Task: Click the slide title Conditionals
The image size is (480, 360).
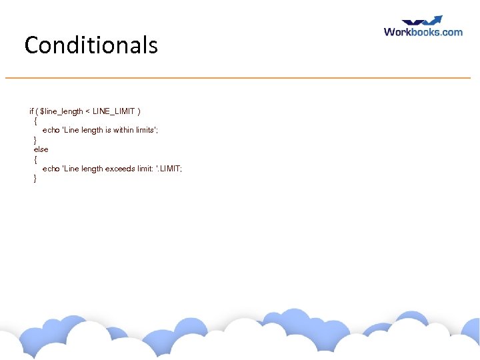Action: tap(91, 45)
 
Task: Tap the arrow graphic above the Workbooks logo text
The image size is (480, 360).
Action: tap(421, 21)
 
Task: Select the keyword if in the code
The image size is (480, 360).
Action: tap(31, 111)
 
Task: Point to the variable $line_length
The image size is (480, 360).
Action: tap(61, 111)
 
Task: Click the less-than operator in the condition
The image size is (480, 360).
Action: tap(88, 111)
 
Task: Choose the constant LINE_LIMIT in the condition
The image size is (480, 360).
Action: tap(114, 111)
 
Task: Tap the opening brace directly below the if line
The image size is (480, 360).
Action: tap(35, 121)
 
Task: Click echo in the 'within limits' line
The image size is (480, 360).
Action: tap(51, 130)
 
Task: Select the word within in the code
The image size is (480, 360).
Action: tap(123, 130)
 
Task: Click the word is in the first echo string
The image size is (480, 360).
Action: tap(108, 130)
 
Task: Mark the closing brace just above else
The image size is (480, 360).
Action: tap(35, 140)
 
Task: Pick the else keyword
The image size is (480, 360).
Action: tap(41, 149)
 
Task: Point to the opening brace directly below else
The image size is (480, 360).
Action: tap(35, 159)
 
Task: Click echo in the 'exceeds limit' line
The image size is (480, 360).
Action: tap(51, 169)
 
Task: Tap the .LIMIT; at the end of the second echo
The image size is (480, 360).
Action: tap(169, 169)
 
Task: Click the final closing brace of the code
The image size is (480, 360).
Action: tap(35, 179)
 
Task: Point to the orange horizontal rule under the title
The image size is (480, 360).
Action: tap(237, 78)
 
